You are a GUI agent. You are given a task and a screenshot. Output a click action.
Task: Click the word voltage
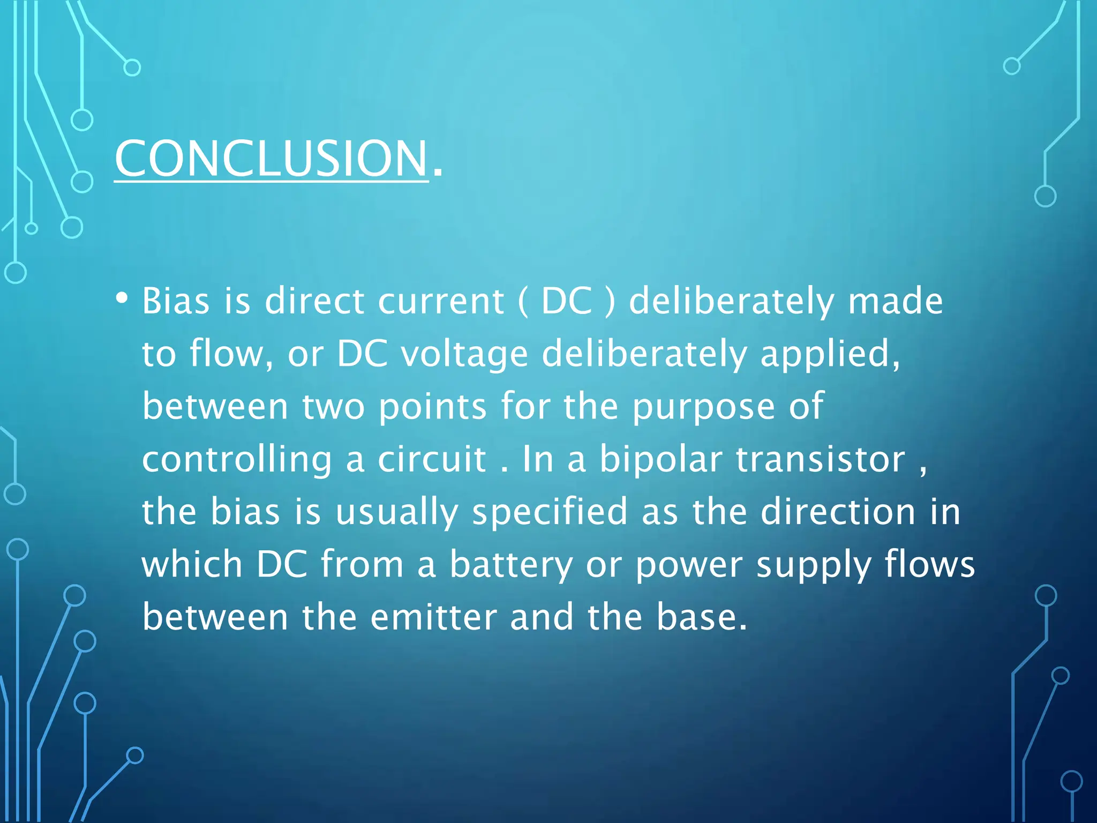[x=464, y=355]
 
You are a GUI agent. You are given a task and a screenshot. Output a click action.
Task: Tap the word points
[x=432, y=407]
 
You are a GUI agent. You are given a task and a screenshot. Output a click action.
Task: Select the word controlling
[x=237, y=460]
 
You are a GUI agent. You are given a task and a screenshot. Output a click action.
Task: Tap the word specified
[x=550, y=512]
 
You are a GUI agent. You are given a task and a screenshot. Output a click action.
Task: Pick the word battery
[x=511, y=565]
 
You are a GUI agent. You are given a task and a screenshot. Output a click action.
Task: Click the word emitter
[x=433, y=617]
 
